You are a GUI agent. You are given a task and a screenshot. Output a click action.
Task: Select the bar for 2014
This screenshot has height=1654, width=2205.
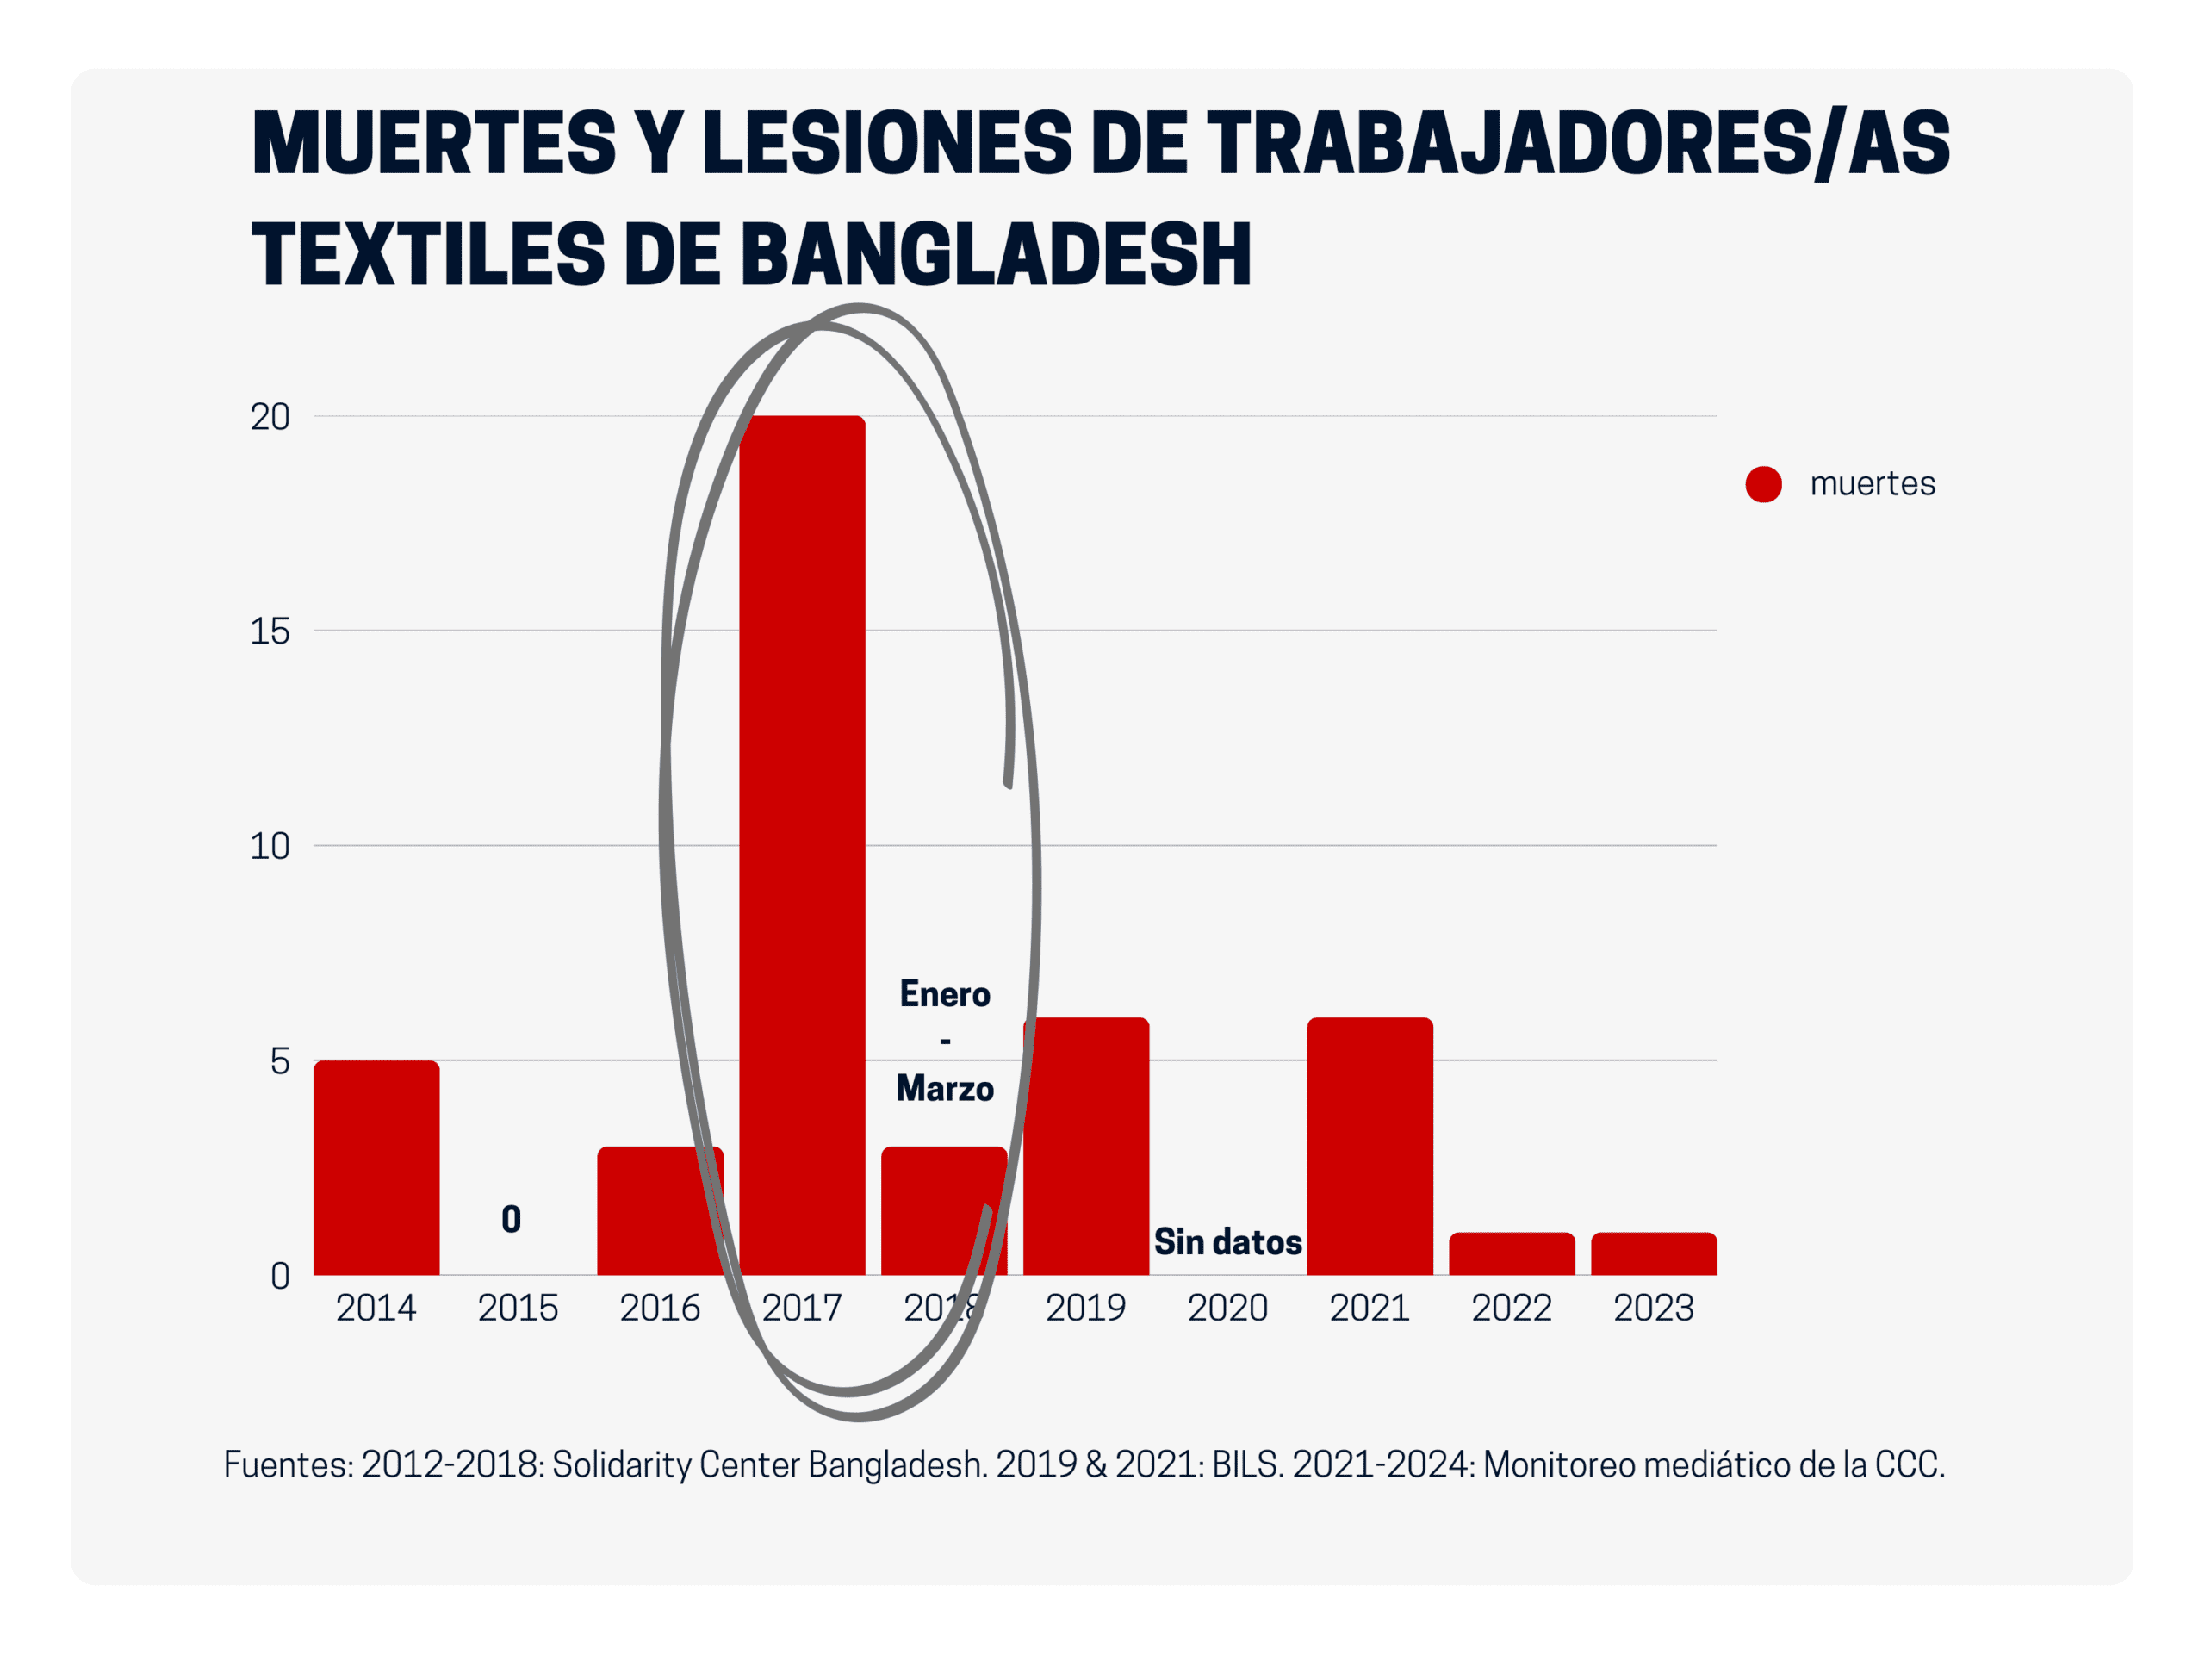point(376,1167)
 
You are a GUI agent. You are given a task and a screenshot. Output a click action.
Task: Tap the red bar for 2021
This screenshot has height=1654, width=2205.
point(1370,1146)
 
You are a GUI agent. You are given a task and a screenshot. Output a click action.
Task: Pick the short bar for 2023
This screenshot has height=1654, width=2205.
point(1654,1254)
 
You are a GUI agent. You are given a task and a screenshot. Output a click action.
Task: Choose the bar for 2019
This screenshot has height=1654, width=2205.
point(1085,1146)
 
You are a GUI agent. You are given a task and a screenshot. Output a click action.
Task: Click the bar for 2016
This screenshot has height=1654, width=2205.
point(660,1210)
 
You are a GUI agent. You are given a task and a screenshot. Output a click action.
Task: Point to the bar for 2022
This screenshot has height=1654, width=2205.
point(1512,1254)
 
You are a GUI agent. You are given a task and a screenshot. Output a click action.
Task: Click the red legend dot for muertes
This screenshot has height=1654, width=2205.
point(1763,484)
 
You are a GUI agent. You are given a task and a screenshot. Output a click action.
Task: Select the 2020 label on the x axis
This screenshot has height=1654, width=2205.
point(1227,1308)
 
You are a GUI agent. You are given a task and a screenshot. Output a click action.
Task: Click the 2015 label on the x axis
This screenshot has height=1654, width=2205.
point(518,1308)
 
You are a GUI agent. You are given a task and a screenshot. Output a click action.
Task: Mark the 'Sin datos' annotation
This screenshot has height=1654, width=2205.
point(1227,1242)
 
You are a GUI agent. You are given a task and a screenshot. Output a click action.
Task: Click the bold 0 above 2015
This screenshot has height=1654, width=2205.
point(512,1219)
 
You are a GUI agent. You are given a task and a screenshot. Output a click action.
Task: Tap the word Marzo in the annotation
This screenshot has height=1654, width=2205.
point(945,1089)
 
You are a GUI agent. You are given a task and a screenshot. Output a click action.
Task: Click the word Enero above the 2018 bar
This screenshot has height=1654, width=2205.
point(945,994)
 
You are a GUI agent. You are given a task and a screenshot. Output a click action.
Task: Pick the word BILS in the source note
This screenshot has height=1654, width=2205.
point(1246,1464)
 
